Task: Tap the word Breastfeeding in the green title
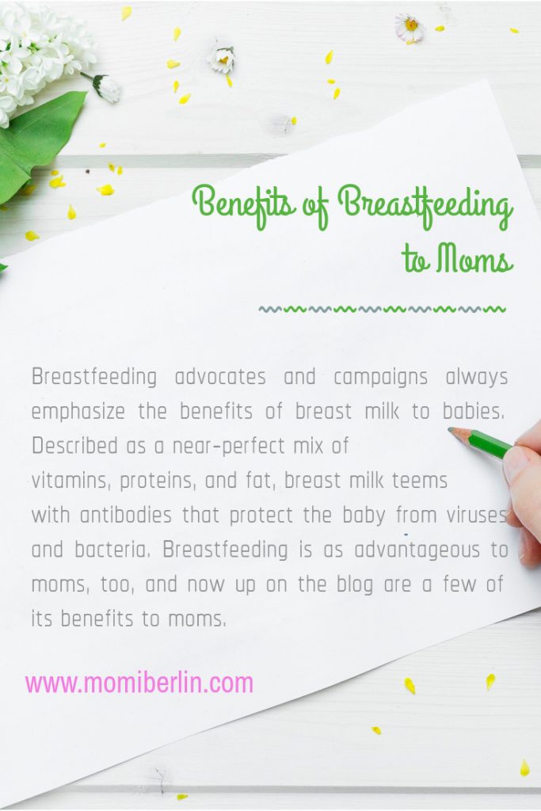[x=425, y=208]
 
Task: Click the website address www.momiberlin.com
[x=139, y=683]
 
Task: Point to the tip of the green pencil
[x=449, y=429]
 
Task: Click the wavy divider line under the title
[x=383, y=310]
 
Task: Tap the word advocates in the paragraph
[x=220, y=376]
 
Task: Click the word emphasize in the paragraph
[x=78, y=413]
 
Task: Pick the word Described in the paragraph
[x=75, y=445]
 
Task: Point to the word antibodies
[x=126, y=515]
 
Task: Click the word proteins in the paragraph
[x=158, y=482]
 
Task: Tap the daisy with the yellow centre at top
[x=410, y=28]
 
